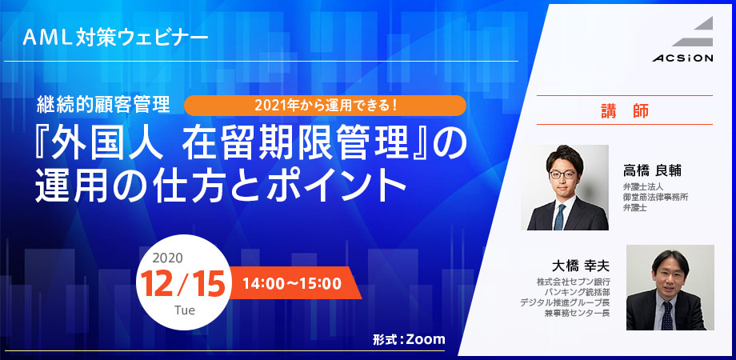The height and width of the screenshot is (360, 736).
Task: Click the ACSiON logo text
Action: (x=682, y=58)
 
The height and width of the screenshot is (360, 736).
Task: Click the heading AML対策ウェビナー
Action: (x=115, y=37)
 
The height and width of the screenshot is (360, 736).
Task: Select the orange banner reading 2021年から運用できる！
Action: (x=326, y=106)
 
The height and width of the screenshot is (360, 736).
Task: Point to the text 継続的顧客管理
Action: (x=103, y=106)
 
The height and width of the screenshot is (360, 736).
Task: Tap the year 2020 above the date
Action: (x=167, y=258)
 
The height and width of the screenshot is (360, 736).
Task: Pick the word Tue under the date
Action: (x=185, y=310)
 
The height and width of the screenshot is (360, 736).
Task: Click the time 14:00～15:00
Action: (x=292, y=283)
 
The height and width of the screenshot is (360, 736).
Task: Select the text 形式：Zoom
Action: (x=409, y=339)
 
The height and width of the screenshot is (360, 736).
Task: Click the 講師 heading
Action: (x=625, y=110)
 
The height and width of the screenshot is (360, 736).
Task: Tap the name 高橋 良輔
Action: (x=652, y=171)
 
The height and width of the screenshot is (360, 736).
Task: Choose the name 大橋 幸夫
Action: (x=581, y=266)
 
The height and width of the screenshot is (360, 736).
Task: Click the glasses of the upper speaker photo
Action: (x=562, y=174)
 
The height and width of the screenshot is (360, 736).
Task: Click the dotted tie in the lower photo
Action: (x=667, y=315)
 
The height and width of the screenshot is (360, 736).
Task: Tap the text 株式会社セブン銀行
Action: (x=574, y=282)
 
